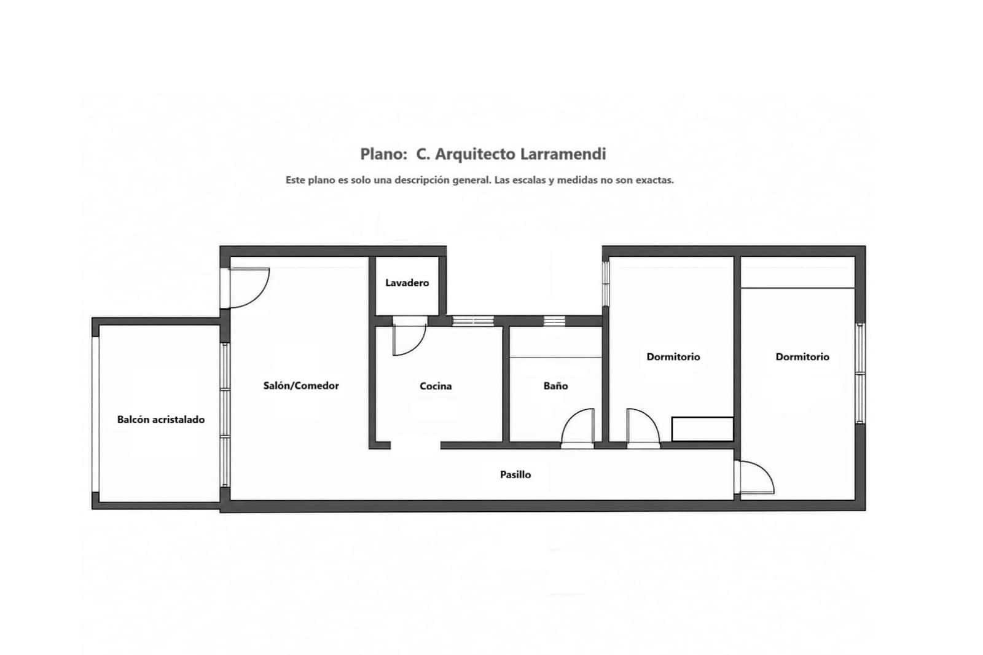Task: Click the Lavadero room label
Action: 407,283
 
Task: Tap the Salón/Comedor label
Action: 301,385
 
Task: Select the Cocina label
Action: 436,386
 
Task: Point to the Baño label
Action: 555,386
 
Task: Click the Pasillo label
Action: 515,474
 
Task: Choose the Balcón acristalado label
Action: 160,419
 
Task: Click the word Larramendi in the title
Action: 563,154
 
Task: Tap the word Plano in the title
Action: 383,154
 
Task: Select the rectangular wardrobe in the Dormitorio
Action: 702,429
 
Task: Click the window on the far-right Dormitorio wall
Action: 860,374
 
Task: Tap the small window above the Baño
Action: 554,321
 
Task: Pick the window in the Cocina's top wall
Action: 473,321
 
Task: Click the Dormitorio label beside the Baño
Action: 673,356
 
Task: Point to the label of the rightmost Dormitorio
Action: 802,356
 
